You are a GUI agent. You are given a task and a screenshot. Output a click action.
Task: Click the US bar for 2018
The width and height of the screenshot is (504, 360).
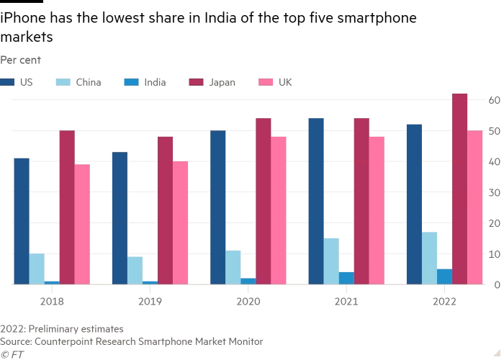pos(22,221)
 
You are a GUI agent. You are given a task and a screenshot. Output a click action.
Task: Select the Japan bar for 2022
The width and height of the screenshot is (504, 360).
pos(459,189)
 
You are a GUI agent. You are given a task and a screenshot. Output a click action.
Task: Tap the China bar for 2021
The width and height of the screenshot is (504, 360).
pos(331,261)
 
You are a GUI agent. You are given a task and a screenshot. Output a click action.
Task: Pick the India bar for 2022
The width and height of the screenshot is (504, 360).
pos(444,277)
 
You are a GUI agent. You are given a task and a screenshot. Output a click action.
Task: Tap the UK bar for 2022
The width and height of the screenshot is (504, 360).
pos(474,207)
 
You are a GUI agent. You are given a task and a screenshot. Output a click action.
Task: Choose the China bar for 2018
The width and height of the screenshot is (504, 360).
pos(37,269)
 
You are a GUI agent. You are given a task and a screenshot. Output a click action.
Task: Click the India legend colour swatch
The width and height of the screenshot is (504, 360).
pos(130,82)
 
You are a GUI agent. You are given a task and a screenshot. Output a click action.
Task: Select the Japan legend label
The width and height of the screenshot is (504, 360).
pos(222,82)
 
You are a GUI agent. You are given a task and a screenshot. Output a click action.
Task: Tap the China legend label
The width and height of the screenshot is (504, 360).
pos(88,82)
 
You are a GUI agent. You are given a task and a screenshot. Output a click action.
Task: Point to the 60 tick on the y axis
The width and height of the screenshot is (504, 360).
pos(494,100)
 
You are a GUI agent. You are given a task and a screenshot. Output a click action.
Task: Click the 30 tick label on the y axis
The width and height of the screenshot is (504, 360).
pos(494,193)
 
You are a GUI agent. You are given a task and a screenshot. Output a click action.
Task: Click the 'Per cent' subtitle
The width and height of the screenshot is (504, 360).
pos(20,60)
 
